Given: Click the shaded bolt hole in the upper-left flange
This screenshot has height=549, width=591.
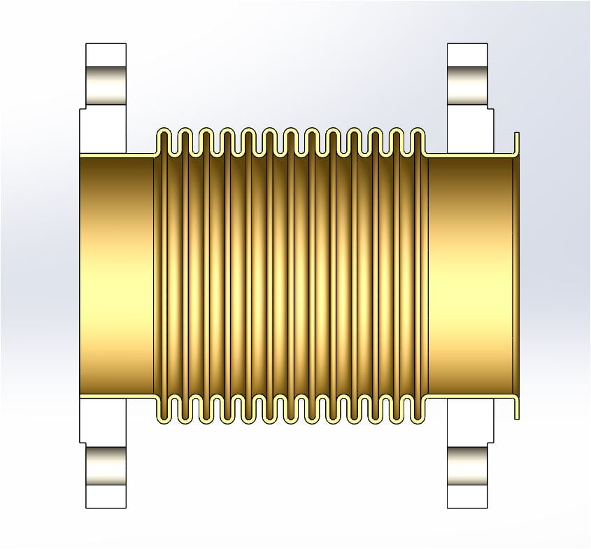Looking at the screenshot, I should [x=106, y=83].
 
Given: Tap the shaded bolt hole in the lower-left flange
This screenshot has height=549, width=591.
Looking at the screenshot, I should [x=106, y=468].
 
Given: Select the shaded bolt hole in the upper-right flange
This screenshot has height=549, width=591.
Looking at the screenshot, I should [x=467, y=83].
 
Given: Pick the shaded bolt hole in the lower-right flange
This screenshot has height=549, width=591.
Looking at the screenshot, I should [x=467, y=468].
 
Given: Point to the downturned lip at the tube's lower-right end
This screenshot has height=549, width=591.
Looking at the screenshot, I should [x=516, y=409].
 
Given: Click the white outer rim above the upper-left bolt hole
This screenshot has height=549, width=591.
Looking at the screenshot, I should [x=106, y=55].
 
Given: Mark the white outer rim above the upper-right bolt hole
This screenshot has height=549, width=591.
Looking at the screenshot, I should [x=467, y=55].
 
